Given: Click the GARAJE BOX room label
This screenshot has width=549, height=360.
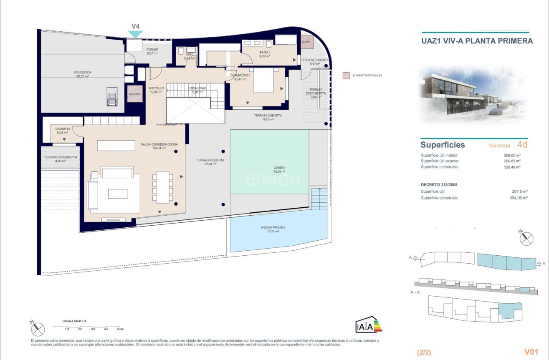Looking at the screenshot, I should [82, 72].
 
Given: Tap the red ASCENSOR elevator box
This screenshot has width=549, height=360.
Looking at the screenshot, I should [135, 94].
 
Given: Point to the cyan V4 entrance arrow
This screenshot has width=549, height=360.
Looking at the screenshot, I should [135, 33].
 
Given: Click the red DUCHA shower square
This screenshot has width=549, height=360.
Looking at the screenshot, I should [306, 42].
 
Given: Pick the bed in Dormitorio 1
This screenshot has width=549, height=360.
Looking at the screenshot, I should [263, 81].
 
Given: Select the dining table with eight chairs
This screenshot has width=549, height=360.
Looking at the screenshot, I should [162, 187].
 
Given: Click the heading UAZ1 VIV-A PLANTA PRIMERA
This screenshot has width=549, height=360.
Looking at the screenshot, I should [477, 41].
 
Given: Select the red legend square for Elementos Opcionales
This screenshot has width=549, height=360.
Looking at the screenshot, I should [346, 76].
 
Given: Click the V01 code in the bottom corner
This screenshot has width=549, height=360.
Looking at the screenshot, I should [531, 352].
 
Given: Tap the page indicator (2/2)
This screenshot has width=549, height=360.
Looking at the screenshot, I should [424, 352].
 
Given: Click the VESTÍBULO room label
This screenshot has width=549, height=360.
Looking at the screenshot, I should [156, 88].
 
